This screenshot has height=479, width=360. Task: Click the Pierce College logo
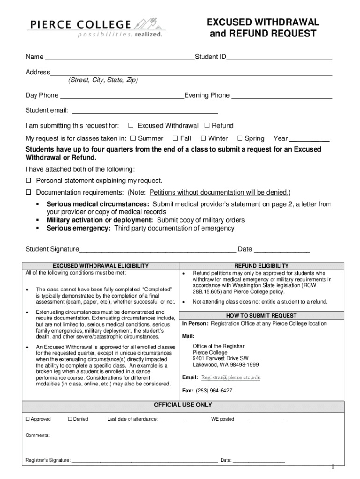click(95, 28)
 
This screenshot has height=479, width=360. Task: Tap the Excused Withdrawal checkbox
click(131, 125)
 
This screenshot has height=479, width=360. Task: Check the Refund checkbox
click(207, 125)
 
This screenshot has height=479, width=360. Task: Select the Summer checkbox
click(133, 138)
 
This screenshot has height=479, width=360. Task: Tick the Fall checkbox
click(175, 138)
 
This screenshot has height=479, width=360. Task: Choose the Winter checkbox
click(203, 138)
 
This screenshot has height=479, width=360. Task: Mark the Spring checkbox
click(240, 138)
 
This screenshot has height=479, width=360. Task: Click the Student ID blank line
click(279, 58)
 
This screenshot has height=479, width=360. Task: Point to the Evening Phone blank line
click(282, 96)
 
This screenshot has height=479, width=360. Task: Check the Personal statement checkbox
click(28, 181)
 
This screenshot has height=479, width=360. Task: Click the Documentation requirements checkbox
click(28, 192)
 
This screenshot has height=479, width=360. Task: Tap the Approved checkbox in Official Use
click(28, 419)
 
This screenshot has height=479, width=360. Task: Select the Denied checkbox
click(70, 419)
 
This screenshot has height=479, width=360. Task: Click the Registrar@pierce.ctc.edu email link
click(230, 377)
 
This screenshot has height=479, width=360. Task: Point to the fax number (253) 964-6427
click(214, 391)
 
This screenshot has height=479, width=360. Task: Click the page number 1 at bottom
click(332, 466)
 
